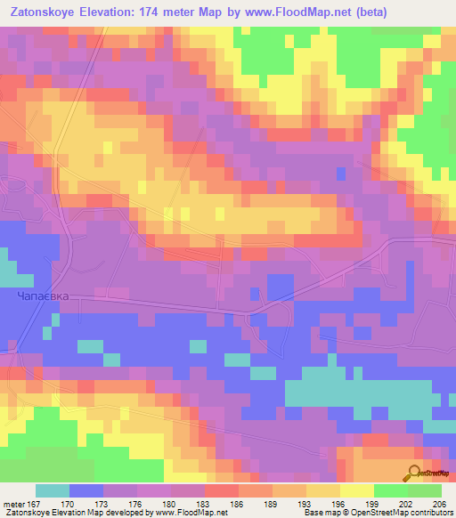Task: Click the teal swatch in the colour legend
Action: [53, 490]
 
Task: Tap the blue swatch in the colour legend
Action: [86, 490]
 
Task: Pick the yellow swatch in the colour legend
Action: [356, 490]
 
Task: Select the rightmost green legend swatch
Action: [424, 490]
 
